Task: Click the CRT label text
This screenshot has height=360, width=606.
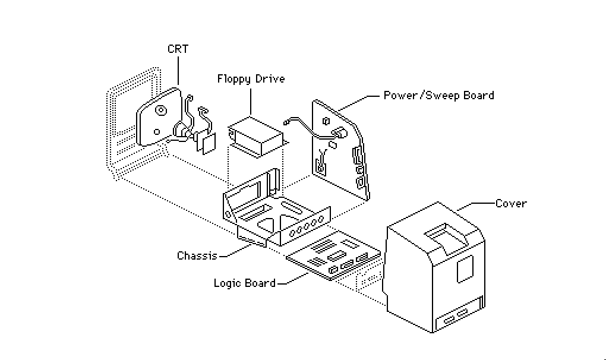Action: click(178, 49)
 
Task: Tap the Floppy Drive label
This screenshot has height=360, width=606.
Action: click(251, 79)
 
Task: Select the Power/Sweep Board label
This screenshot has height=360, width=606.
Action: click(438, 96)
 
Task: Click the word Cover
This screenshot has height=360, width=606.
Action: click(511, 204)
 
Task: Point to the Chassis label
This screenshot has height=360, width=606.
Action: click(197, 255)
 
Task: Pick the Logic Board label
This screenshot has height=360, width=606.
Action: click(244, 283)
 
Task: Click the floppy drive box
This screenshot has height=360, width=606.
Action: click(256, 137)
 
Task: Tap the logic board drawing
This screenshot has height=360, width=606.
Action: click(333, 255)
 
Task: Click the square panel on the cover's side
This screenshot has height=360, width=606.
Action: click(465, 269)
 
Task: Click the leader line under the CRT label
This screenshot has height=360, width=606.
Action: click(178, 71)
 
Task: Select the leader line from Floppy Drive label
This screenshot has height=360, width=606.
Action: click(251, 102)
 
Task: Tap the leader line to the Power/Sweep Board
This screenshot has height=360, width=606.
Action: click(358, 103)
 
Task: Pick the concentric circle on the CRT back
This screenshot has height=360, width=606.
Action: click(161, 111)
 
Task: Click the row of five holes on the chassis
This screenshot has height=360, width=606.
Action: click(307, 226)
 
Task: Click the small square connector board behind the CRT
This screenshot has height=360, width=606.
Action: click(209, 144)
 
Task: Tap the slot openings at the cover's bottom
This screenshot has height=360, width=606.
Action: click(456, 317)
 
